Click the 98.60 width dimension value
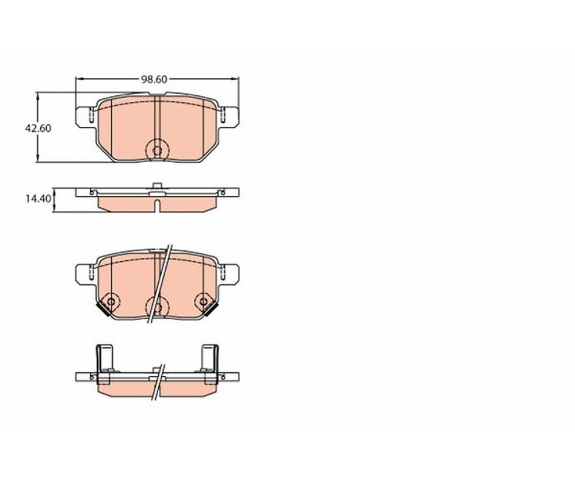pyautogui.click(x=155, y=79)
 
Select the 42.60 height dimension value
pyautogui.click(x=38, y=129)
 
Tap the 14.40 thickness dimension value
pyautogui.click(x=37, y=199)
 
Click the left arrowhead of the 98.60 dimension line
pyautogui.click(x=78, y=78)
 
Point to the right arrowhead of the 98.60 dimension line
pyautogui.click(x=236, y=78)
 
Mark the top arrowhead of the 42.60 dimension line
pyautogui.click(x=37, y=95)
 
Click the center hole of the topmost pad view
pyautogui.click(x=158, y=150)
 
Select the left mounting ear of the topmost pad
pyautogui.click(x=85, y=117)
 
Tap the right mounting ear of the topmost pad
pyautogui.click(x=229, y=117)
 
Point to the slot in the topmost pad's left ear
pyautogui.click(x=91, y=116)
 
